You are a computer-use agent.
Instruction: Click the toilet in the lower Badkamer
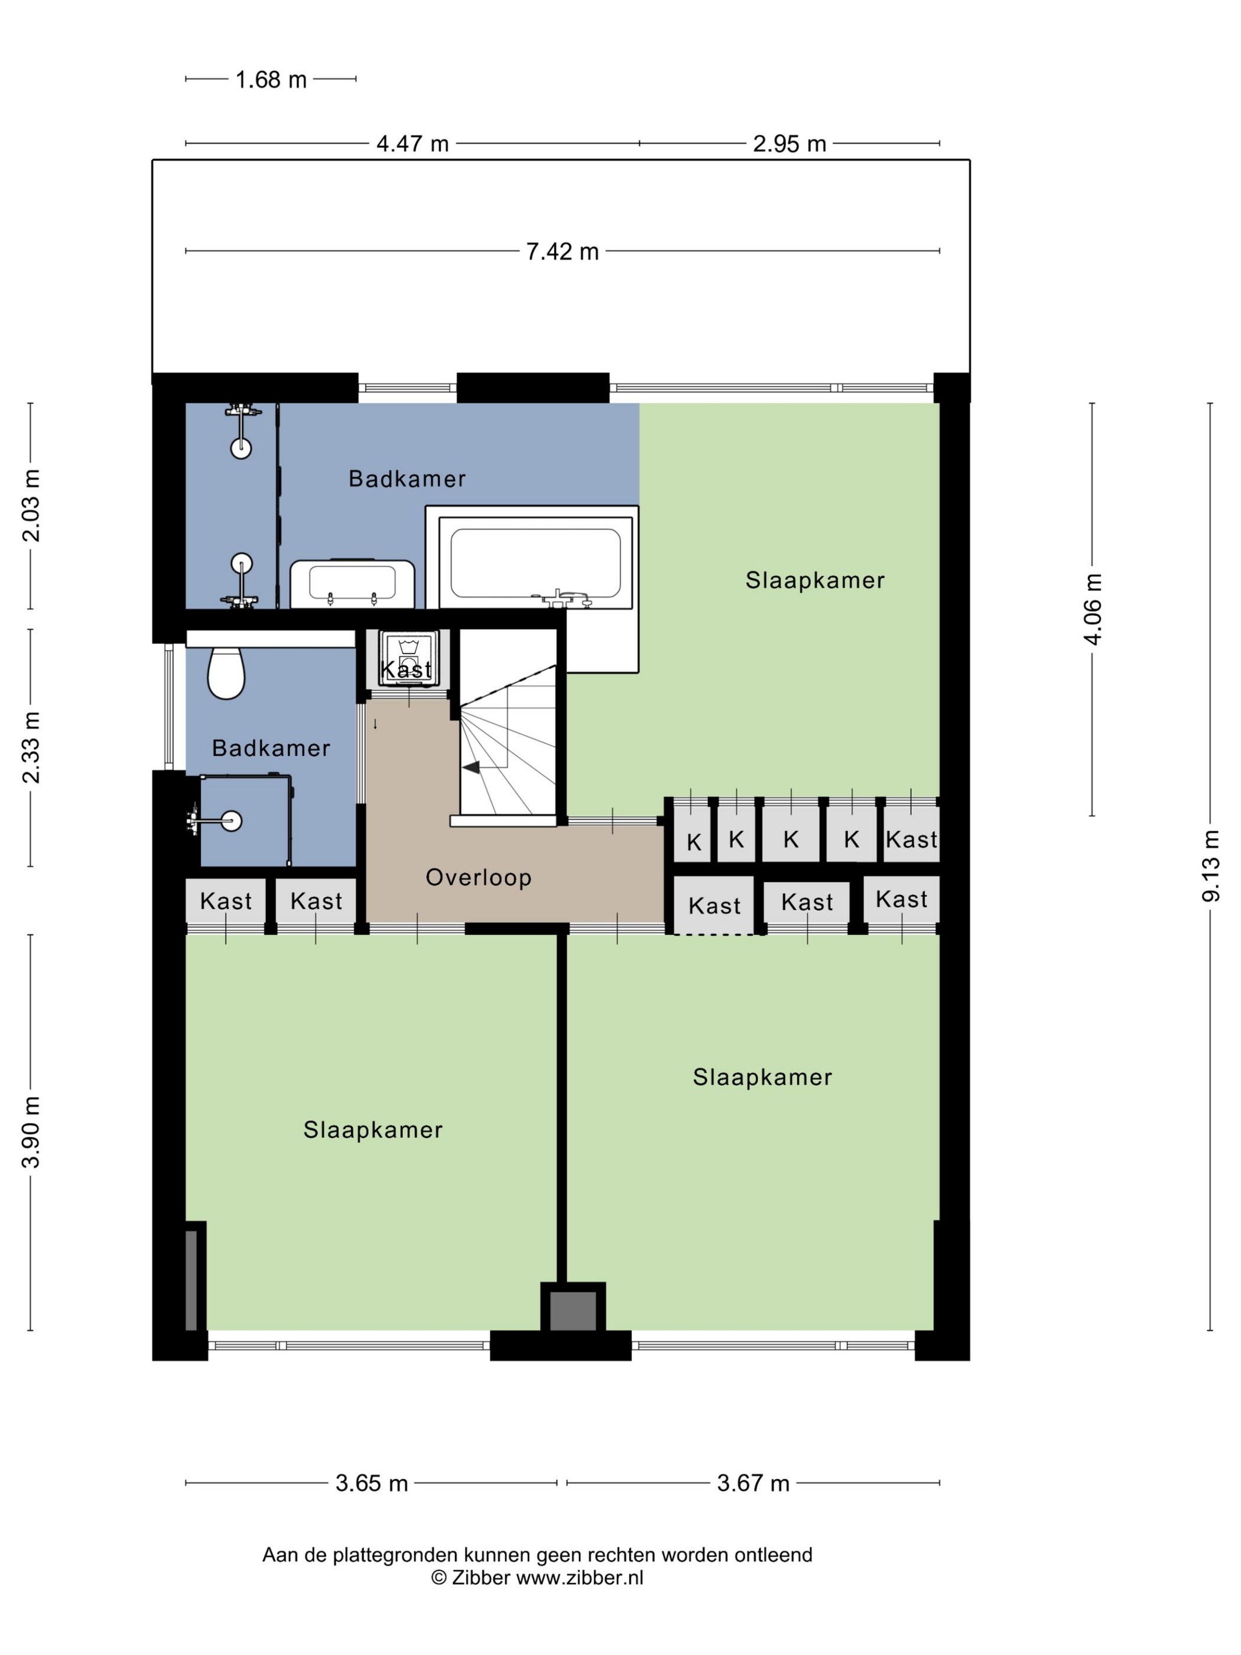coord(226,672)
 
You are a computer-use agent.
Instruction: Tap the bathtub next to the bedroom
coord(535,562)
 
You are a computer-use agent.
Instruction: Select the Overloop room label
coord(478,877)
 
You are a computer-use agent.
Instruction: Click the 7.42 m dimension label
coord(563,251)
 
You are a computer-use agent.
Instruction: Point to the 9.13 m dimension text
coord(1210,866)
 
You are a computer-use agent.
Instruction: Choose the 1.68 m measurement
coord(271,79)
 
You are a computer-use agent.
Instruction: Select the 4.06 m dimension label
coord(1093,609)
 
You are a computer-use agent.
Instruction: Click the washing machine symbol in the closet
coord(408,659)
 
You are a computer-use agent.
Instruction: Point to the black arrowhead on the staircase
coord(471,767)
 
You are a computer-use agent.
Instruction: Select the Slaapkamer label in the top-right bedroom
coord(814,580)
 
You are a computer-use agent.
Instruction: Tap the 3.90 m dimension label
coord(31,1131)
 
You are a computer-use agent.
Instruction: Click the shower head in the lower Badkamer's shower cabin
coord(232,821)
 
